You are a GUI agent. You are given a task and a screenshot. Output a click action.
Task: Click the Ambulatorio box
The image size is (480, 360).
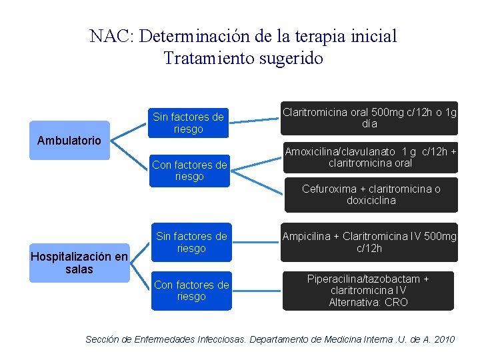point(69,140)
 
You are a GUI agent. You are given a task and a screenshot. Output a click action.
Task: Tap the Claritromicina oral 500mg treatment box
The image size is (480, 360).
point(370,118)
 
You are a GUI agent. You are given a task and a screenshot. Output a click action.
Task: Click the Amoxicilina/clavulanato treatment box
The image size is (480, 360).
point(370,157)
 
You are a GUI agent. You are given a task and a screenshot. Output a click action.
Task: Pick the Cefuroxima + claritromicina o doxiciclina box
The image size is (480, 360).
point(371,195)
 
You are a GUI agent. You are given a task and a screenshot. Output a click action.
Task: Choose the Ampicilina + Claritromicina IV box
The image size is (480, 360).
point(370,242)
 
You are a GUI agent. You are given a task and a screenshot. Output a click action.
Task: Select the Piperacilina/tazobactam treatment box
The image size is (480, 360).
point(368,291)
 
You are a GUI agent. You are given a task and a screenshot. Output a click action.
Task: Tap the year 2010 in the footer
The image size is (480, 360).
point(443,339)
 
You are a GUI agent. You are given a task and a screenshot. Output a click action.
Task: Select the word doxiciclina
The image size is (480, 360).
point(371,201)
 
